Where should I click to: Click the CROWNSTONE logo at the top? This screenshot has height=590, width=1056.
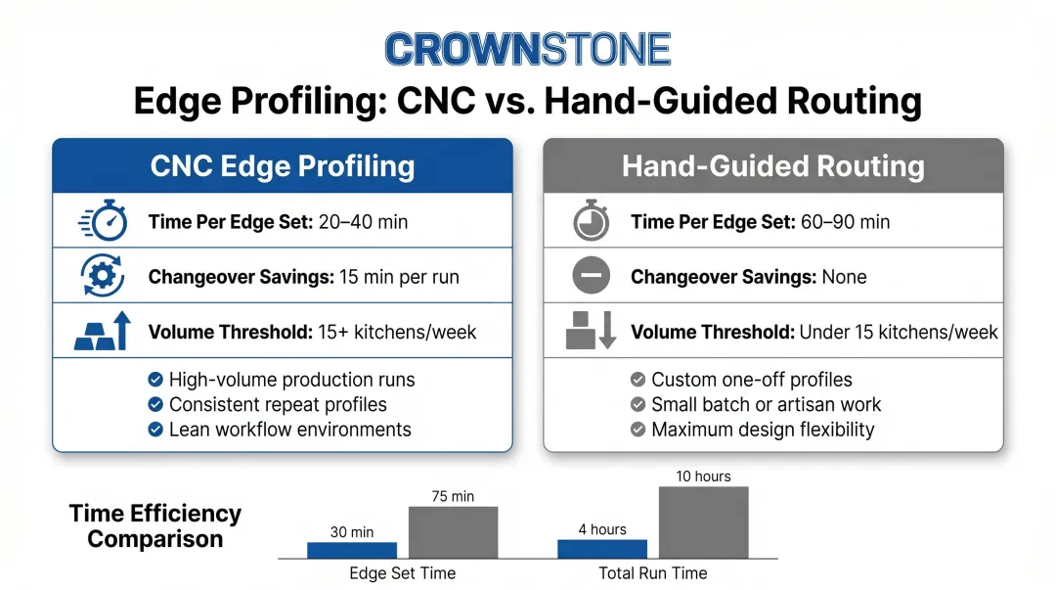(x=528, y=49)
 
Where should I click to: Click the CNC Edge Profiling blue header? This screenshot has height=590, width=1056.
(x=282, y=165)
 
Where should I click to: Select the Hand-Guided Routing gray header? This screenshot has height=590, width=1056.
(x=772, y=165)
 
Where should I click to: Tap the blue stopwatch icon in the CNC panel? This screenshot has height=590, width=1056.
(x=103, y=222)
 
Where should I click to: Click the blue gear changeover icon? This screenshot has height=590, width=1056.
(x=103, y=277)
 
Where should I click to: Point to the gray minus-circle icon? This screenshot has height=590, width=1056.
(x=592, y=277)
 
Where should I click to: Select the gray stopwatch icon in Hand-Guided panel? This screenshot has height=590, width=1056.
(x=592, y=222)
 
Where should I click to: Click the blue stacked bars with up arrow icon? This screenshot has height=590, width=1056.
(x=103, y=332)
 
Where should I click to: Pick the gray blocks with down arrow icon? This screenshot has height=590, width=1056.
(x=592, y=332)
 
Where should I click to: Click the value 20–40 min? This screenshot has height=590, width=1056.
(x=363, y=222)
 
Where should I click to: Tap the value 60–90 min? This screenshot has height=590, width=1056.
(x=845, y=222)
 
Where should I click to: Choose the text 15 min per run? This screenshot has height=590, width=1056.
(x=399, y=277)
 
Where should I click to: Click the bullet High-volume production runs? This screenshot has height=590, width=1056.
(x=291, y=380)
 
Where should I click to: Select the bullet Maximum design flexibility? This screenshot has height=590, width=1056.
(x=763, y=430)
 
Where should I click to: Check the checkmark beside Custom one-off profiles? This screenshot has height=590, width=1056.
(x=638, y=380)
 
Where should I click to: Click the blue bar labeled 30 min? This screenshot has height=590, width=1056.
(x=352, y=550)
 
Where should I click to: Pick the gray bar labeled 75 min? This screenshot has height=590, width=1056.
(x=453, y=532)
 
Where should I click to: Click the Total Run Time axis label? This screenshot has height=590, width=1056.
(x=653, y=573)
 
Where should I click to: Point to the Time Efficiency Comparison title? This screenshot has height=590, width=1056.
(x=154, y=526)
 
